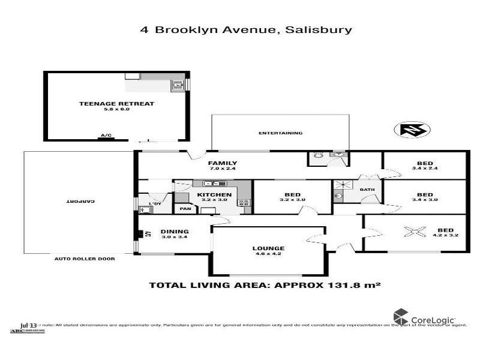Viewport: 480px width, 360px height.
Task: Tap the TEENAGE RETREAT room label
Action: (116, 104)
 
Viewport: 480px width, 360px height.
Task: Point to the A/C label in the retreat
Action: (106, 136)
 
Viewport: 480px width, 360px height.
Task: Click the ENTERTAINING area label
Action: (280, 133)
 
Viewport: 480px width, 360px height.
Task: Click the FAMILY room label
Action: (222, 163)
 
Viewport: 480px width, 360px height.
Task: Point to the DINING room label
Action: (175, 232)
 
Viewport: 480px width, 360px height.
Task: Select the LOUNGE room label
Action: (268, 248)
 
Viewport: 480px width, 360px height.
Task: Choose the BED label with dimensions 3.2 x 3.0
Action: (292, 196)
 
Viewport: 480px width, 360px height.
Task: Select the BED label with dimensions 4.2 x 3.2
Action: (446, 231)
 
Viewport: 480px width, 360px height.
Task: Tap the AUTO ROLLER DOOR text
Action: (84, 259)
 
